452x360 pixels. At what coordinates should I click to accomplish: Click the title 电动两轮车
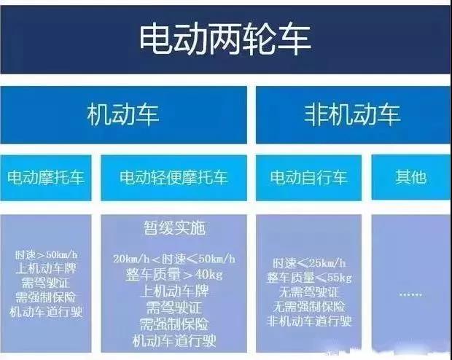tap(225, 37)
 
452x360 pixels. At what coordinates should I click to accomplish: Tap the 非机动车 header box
tap(351, 115)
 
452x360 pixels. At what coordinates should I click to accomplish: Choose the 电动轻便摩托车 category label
tap(174, 177)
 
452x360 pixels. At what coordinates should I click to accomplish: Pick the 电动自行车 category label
tap(308, 177)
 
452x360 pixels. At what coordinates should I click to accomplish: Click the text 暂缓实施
tap(174, 228)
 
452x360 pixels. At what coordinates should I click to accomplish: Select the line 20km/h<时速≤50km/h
tap(174, 260)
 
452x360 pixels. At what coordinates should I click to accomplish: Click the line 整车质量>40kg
tap(174, 275)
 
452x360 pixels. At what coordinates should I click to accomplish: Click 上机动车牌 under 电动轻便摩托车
tap(174, 291)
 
